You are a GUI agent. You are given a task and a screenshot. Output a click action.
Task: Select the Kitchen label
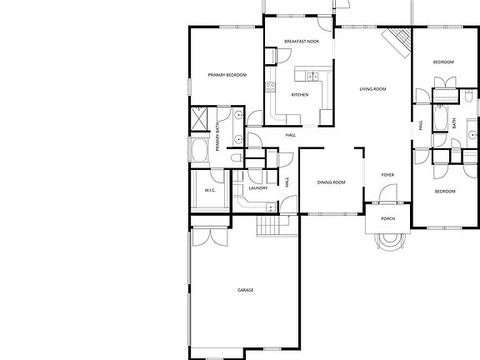pos(300,94)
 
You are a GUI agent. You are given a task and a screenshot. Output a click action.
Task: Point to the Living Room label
pos(372,88)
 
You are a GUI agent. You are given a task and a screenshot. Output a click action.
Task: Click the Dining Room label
pos(331,182)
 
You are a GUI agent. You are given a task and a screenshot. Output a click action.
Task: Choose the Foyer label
pos(387,175)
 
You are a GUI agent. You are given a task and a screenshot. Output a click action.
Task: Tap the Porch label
pos(387,218)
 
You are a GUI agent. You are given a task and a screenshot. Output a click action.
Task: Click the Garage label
pos(245,290)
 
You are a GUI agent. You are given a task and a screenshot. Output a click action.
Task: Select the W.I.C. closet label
pos(211,190)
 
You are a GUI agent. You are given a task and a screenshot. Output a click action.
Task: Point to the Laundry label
pos(257,188)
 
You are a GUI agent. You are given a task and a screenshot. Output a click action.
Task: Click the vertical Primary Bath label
pos(219,136)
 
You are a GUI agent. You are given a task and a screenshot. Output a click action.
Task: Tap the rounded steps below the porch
pos(389,241)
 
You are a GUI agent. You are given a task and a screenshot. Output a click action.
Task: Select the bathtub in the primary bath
pos(200,151)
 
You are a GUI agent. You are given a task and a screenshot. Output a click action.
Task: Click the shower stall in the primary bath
pos(201,120)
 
